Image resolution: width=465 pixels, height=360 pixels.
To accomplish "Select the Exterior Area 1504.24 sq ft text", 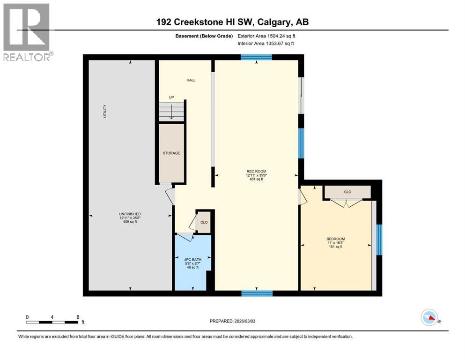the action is click(x=266, y=36).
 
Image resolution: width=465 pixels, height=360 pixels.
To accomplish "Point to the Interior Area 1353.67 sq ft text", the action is click(x=266, y=43).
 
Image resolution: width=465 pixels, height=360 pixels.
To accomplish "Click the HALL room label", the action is click(x=191, y=80).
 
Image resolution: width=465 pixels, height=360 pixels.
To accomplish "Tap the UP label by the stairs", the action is click(x=171, y=97).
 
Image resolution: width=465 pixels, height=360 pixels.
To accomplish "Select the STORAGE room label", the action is click(x=171, y=153).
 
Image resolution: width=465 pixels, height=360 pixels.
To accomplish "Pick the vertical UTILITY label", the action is click(x=105, y=111).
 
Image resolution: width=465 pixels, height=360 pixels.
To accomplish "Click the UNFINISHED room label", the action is click(x=130, y=214).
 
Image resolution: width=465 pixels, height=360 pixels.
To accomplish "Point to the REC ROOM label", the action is click(x=257, y=171).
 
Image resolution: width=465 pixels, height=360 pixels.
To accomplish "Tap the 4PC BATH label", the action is click(x=193, y=260).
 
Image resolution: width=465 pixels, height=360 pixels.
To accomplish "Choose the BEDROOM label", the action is click(x=336, y=239).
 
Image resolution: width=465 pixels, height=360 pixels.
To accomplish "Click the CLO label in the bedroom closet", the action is click(x=347, y=192).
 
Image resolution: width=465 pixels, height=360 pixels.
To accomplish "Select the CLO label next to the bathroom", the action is click(x=204, y=222).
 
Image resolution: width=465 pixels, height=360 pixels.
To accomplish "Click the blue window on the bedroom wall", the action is click(x=379, y=240).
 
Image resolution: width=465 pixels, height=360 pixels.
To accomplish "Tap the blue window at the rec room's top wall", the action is click(x=257, y=57).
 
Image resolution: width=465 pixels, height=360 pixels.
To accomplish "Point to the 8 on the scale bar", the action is click(x=78, y=317).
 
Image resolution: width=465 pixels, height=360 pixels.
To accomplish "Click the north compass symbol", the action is click(x=429, y=317).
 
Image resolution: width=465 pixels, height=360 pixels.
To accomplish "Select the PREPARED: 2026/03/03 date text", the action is click(x=232, y=321).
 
